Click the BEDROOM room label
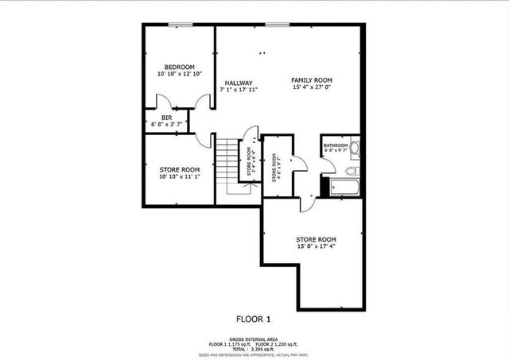[179, 67]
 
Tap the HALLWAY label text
[239, 83]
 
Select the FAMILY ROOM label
[312, 80]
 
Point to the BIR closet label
[166, 118]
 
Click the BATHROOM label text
[335, 145]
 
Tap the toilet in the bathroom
[351, 169]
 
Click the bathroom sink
[354, 147]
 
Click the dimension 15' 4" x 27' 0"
[312, 88]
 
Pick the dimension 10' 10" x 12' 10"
[179, 74]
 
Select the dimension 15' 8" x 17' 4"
[316, 247]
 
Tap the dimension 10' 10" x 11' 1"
[179, 176]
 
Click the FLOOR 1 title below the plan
[254, 319]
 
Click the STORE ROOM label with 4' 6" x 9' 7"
[276, 168]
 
